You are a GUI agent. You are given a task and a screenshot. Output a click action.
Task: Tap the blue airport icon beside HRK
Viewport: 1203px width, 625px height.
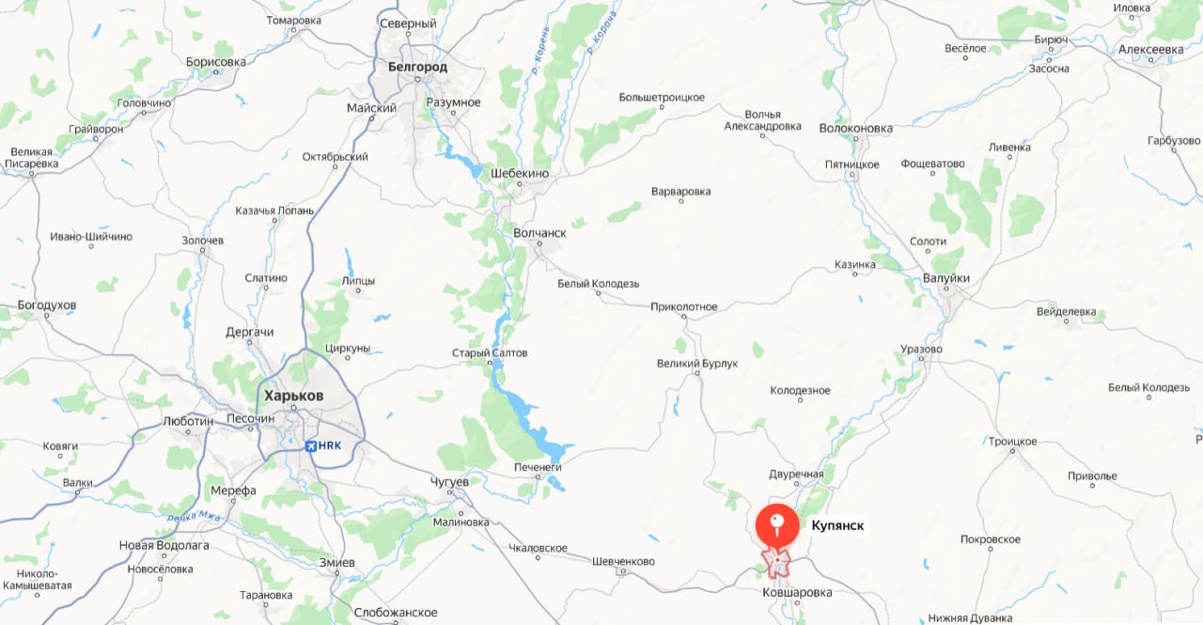pyautogui.click(x=311, y=445)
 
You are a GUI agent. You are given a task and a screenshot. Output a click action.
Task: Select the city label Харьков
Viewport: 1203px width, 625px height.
pyautogui.click(x=293, y=396)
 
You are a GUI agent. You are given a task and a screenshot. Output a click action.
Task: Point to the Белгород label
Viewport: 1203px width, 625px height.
pyautogui.click(x=417, y=67)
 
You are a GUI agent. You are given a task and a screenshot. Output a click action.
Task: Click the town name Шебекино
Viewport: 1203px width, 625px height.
pyautogui.click(x=520, y=173)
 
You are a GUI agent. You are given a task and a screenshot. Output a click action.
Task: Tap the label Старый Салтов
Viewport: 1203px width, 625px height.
pyautogui.click(x=490, y=353)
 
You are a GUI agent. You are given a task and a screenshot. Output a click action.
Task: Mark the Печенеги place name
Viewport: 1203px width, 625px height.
pyautogui.click(x=538, y=467)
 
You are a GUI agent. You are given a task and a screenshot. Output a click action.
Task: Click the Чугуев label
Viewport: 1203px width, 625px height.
pyautogui.click(x=449, y=482)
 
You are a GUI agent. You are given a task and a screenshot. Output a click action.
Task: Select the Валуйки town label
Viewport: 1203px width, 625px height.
pyautogui.click(x=945, y=278)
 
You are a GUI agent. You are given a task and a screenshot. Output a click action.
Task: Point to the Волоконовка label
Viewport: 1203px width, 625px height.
pyautogui.click(x=855, y=128)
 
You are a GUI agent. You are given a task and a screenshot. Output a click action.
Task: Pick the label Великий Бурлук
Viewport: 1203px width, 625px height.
pyautogui.click(x=697, y=363)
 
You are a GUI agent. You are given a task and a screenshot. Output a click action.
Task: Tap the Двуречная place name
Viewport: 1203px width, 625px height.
pyautogui.click(x=795, y=474)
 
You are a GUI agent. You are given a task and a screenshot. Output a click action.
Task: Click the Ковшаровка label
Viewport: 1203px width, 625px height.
pyautogui.click(x=797, y=592)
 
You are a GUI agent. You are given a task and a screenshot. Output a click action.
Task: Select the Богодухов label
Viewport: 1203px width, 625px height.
pyautogui.click(x=47, y=305)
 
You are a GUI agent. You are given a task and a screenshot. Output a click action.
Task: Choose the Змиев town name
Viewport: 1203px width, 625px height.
pyautogui.click(x=337, y=562)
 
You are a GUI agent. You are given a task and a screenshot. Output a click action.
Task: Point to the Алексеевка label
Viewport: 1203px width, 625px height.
pyautogui.click(x=1151, y=49)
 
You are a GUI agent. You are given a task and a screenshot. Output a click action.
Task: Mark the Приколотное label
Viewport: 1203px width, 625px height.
pyautogui.click(x=683, y=306)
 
